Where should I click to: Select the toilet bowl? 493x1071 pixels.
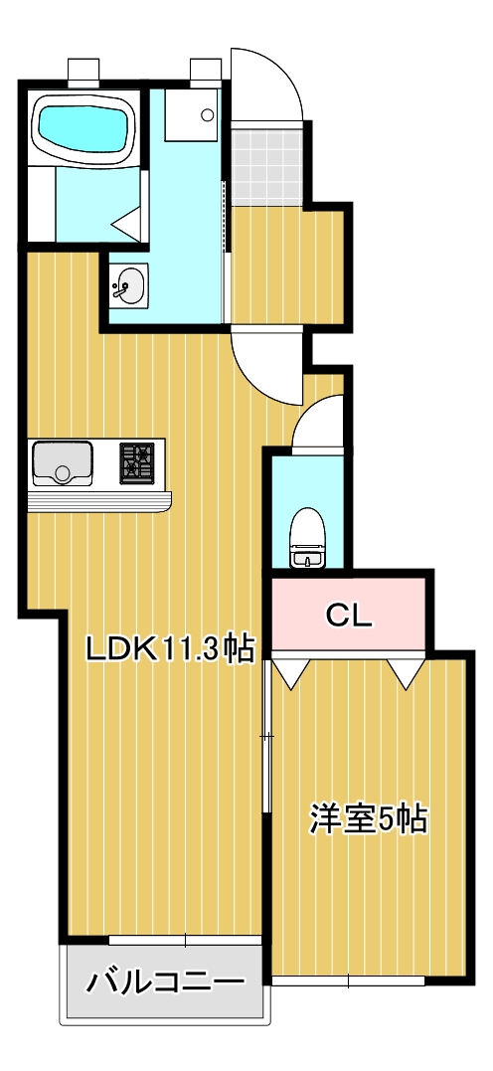tap(306, 537)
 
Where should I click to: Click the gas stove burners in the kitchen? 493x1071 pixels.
tap(138, 462)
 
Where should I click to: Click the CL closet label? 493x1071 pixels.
tap(349, 616)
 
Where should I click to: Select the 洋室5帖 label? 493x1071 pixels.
tap(368, 818)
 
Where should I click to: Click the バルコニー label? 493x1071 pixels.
tap(165, 983)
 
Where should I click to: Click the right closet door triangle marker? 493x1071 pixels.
tap(406, 673)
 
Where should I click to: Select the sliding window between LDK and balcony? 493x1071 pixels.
tap(185, 939)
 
